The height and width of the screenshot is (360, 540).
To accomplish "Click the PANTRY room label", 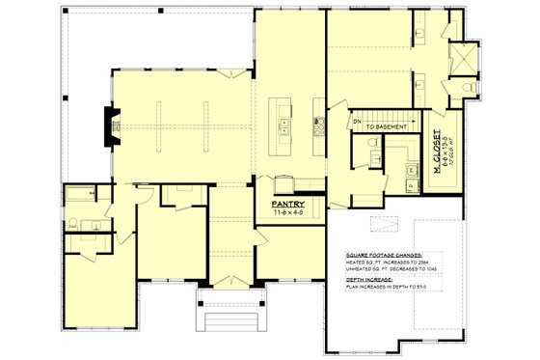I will (x=288, y=205).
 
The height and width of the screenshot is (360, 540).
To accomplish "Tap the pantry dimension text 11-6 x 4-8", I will (x=288, y=213).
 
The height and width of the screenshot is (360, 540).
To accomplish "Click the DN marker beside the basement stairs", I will (x=356, y=121).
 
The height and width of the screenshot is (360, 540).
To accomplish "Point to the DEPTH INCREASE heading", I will (x=371, y=279).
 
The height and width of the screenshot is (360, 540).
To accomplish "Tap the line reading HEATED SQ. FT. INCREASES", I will (x=393, y=260).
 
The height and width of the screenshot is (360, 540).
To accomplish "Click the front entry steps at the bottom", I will (x=229, y=318).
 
